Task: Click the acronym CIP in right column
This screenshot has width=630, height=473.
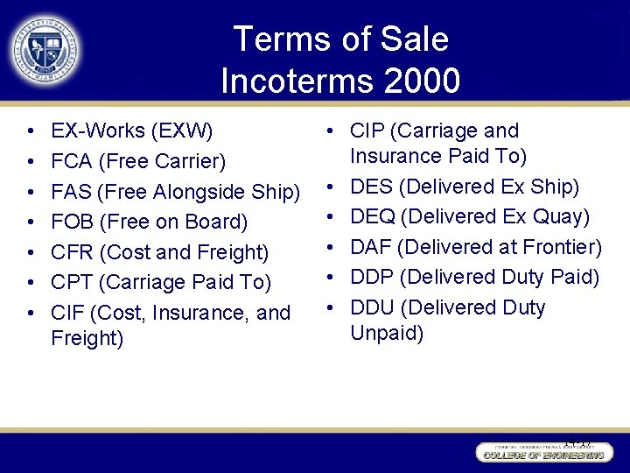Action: (367, 131)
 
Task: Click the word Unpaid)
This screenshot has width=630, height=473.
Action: (387, 333)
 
